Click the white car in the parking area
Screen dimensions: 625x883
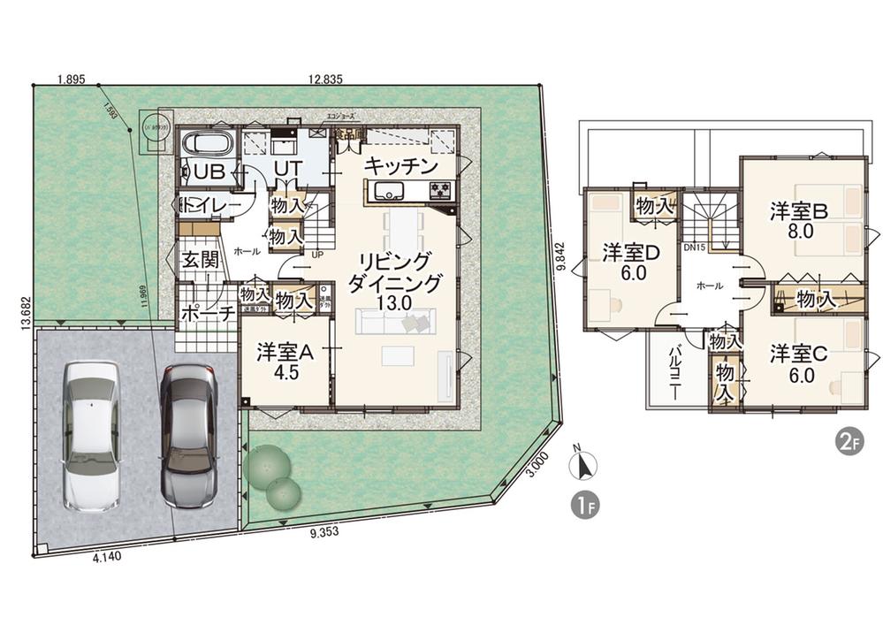91,436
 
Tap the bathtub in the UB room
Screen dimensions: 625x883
207,144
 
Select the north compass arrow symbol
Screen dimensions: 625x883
584,464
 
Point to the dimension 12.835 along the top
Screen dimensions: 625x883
325,80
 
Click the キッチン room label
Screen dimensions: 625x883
401,166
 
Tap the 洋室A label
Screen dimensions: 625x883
285,352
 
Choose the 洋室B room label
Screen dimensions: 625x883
798,212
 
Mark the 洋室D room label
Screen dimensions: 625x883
631,254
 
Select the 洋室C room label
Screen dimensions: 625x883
798,354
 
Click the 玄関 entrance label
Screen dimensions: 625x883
200,262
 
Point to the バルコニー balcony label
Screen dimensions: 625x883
674,371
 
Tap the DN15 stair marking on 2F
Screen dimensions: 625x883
694,248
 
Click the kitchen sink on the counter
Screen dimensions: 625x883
387,191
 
